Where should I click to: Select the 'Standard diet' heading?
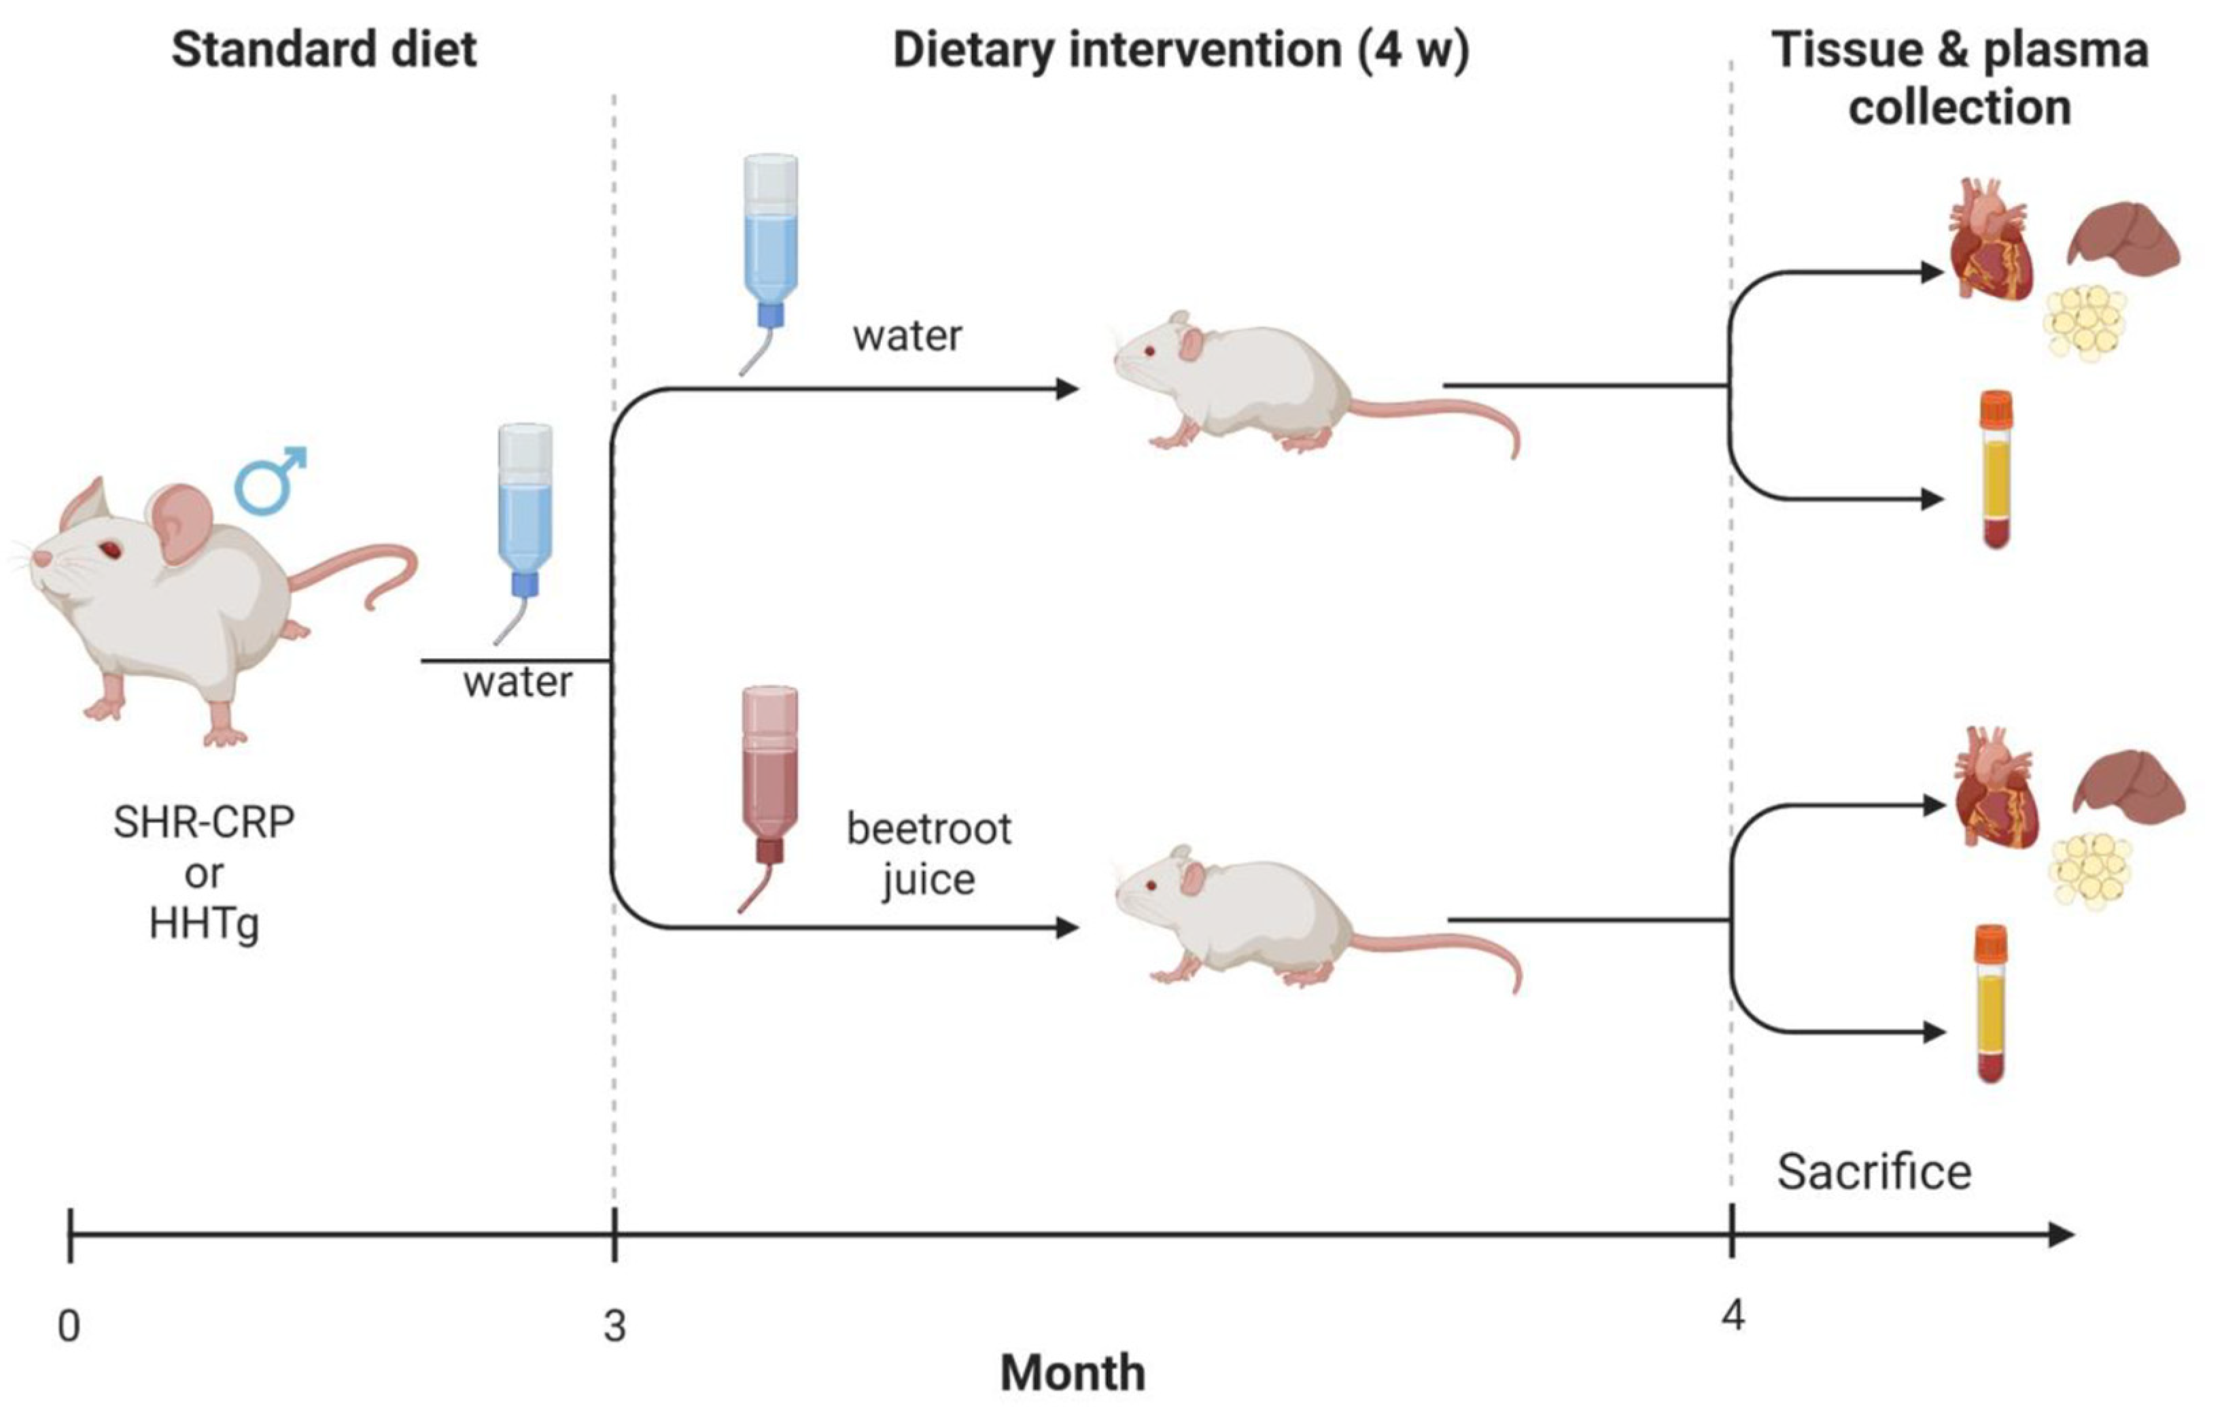(x=324, y=49)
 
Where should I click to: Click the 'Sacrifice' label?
(x=1874, y=1172)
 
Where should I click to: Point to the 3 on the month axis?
(x=615, y=1326)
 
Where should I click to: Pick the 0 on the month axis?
(x=69, y=1326)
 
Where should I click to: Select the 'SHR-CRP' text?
(x=204, y=822)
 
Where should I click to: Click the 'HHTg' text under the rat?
(x=204, y=923)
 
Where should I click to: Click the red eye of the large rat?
(x=111, y=549)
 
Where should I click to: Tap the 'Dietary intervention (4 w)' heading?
(x=1181, y=49)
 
